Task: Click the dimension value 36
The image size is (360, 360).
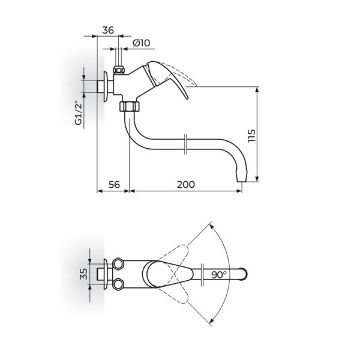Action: (x=108, y=30)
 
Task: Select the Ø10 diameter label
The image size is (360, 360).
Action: (x=142, y=43)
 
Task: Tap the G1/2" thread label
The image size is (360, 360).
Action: (x=79, y=114)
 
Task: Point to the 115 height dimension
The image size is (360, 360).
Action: (x=251, y=136)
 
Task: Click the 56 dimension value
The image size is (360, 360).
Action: (x=114, y=184)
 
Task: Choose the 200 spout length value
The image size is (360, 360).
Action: (x=186, y=184)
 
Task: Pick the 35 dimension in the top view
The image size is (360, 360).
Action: (x=83, y=274)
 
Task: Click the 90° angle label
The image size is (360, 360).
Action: (x=219, y=275)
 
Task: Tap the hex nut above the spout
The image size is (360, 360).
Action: (x=130, y=106)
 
